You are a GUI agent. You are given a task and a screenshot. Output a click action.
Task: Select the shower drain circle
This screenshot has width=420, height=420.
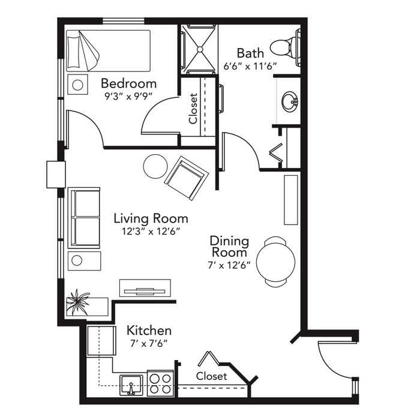click(x=200, y=49)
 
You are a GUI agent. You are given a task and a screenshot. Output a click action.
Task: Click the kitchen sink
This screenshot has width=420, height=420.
click(x=131, y=385)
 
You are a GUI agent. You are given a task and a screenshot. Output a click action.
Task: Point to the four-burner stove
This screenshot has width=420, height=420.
click(x=160, y=383)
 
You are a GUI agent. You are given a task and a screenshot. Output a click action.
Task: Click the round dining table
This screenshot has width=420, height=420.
click(x=275, y=262)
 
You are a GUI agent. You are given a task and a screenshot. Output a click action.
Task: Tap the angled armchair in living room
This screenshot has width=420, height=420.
click(x=187, y=178)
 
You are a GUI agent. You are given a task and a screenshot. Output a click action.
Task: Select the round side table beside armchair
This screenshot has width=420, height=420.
click(x=155, y=166)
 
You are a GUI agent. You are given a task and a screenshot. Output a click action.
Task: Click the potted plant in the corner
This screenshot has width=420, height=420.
click(x=77, y=302)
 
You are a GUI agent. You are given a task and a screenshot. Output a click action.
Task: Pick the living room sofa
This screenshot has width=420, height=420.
click(x=84, y=218)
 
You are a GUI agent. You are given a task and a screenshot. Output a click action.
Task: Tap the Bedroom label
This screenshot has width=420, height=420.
click(x=128, y=83)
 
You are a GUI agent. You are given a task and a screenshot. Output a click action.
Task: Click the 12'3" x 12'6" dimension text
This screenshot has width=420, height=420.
click(x=151, y=231)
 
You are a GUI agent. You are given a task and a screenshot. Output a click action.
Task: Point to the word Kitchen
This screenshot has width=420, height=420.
click(x=149, y=331)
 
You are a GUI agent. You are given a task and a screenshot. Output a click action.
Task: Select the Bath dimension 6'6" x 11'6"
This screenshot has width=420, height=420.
click(x=250, y=66)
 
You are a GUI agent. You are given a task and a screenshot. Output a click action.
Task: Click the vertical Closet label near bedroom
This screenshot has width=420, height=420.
click(x=193, y=109)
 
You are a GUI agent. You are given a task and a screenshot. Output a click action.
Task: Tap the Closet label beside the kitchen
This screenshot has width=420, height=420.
click(x=211, y=376)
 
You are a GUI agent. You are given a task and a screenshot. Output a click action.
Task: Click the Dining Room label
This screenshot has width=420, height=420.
click(x=229, y=247)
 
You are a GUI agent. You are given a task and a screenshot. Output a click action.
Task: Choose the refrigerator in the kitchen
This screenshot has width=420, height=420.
click(x=101, y=341)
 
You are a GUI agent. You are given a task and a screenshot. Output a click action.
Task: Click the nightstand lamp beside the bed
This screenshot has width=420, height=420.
click(x=77, y=85)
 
